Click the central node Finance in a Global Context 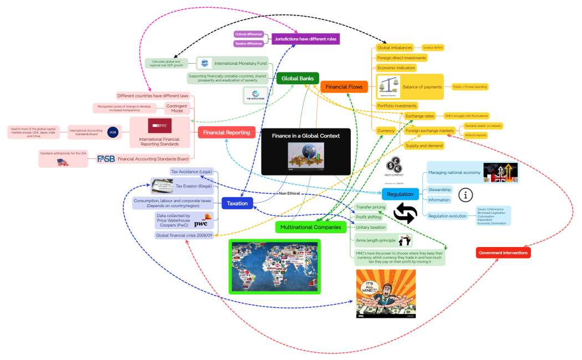305,136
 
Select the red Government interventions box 503,253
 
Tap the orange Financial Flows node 344,86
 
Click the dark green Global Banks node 298,79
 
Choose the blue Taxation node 237,203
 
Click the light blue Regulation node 400,194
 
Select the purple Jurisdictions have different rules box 305,39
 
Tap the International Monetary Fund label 241,64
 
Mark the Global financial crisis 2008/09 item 183,235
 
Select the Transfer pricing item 370,207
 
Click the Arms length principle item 375,240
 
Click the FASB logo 106,159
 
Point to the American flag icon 63,162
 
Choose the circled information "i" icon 467,194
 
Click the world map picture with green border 275,266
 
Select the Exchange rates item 419,116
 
